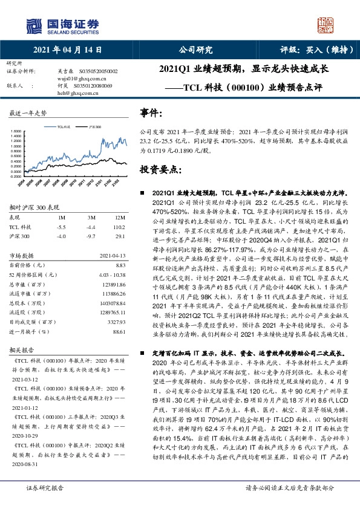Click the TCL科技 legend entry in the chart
(x=64, y=128)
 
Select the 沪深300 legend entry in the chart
(x=94, y=128)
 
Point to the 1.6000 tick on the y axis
(x=18, y=131)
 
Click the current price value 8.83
(x=119, y=265)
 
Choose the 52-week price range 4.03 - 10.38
(x=111, y=274)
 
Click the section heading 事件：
(x=151, y=112)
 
